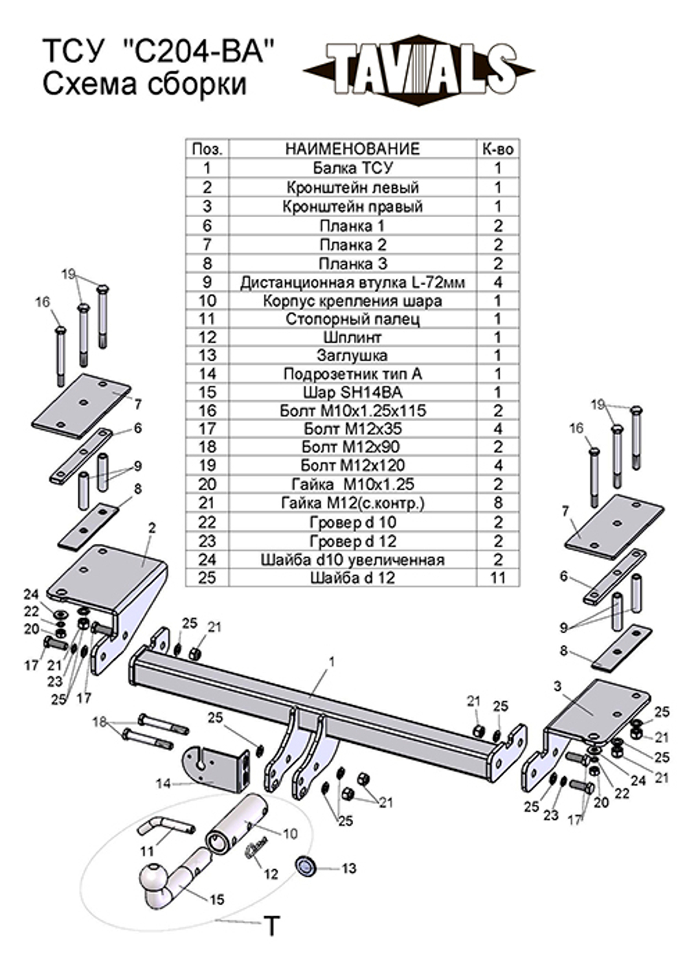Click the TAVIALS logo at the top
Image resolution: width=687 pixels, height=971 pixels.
click(x=419, y=69)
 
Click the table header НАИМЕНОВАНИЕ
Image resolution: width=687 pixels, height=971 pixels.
click(x=352, y=149)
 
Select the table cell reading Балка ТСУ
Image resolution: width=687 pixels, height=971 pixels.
click(x=352, y=168)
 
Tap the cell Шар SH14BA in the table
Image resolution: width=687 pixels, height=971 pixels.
click(x=352, y=392)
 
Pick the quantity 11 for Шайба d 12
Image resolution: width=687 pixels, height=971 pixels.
click(x=498, y=578)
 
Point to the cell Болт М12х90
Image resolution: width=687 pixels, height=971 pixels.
click(x=352, y=447)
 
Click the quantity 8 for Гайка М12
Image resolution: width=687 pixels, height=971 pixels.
click(x=498, y=503)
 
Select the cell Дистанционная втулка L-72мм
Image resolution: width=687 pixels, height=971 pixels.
click(x=352, y=282)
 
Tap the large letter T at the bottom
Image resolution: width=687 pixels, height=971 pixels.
click(x=273, y=926)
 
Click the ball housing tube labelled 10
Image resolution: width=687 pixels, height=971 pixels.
click(x=237, y=824)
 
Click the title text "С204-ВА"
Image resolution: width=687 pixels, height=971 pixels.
click(x=199, y=52)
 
